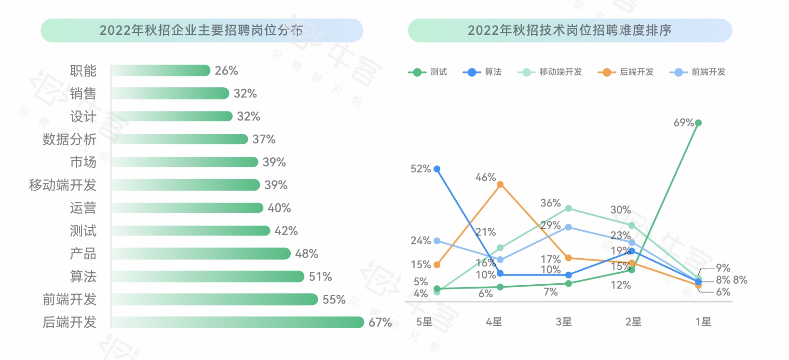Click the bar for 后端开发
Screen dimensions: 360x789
[x=237, y=322]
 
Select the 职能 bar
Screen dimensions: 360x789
[x=161, y=70]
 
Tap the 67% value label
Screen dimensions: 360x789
[x=380, y=322]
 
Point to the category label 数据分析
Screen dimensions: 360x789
[x=69, y=139]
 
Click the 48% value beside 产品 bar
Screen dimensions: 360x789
[x=307, y=254]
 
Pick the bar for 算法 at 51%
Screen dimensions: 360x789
[x=207, y=277]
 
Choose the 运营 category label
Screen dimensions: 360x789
[x=83, y=208]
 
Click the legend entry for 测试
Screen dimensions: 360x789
[x=428, y=72]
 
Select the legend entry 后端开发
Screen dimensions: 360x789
[x=626, y=72]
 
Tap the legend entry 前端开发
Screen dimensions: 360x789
[x=698, y=72]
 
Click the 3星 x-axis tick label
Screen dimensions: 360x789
[x=563, y=322]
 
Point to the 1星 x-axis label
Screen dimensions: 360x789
[x=703, y=322]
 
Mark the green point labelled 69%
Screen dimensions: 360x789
[x=698, y=123]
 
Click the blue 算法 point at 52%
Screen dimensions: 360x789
[x=437, y=169]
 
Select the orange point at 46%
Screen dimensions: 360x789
[x=500, y=184]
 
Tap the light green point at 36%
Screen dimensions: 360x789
[x=569, y=208]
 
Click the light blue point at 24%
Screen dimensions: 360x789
[x=437, y=241]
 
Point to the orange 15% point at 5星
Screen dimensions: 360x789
[x=437, y=265]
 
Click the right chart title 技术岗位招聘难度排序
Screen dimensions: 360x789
[x=570, y=30]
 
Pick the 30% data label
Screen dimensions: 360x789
[x=620, y=210]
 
